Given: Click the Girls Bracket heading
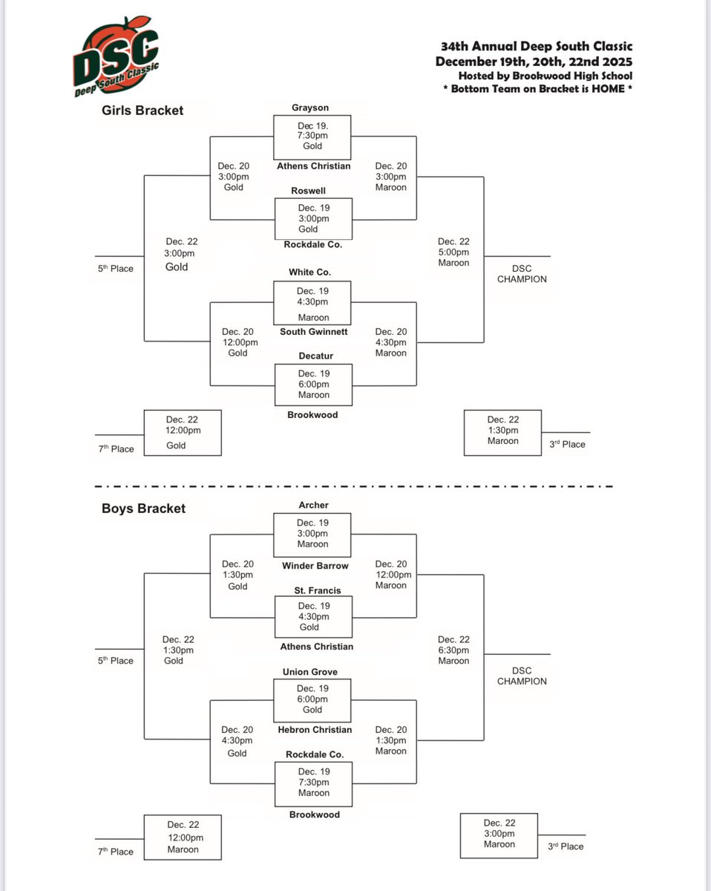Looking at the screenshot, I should (x=142, y=111).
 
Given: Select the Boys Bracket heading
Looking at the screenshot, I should (x=143, y=509).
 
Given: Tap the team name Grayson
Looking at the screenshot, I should (x=311, y=108).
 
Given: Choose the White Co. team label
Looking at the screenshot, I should (x=312, y=273).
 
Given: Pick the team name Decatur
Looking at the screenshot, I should (x=312, y=356).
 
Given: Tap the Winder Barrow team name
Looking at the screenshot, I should (x=315, y=566).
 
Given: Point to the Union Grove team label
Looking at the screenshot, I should (x=310, y=672).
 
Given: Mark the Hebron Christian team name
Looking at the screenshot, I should (x=315, y=730).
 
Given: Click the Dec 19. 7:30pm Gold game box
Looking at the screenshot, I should (x=312, y=136).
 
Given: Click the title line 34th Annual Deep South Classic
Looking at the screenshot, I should (x=533, y=47).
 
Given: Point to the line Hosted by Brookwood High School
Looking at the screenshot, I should (x=545, y=75).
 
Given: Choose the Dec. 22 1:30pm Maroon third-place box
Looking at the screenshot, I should (x=502, y=431).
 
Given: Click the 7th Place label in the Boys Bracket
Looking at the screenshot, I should (x=115, y=852).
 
